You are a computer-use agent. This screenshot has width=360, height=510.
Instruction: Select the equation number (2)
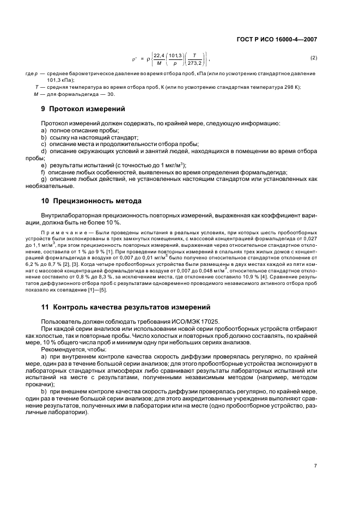point(314,58)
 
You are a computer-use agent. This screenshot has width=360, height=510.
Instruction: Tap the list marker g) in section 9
point(44,179)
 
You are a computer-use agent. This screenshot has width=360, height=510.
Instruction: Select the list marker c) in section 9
point(44,144)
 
